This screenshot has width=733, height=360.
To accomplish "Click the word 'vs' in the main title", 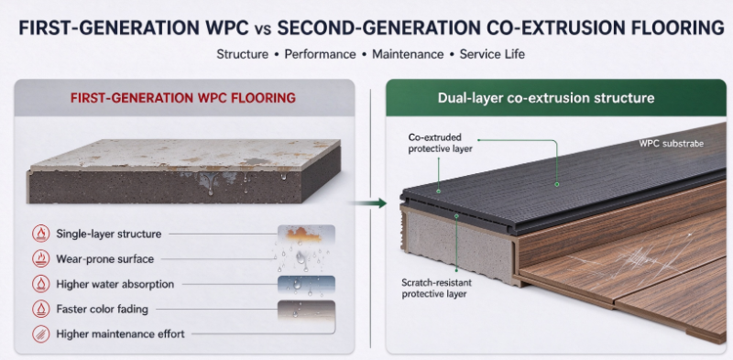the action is coord(262,28).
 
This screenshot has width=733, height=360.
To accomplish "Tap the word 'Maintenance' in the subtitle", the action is coord(408,54).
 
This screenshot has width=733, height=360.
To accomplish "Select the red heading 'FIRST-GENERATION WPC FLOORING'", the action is coord(182,98).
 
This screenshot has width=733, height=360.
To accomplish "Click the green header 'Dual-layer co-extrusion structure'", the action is coord(546,98).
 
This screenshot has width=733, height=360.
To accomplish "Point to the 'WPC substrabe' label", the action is coord(671,144).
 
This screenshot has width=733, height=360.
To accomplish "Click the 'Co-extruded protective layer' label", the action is coord(441,143).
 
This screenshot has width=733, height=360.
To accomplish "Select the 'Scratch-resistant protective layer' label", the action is coord(437,288).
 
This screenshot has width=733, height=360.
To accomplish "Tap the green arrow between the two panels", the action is coord(369,203).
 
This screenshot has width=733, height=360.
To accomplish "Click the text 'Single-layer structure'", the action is coord(108,234).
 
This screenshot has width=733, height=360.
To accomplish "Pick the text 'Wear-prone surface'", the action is coord(104,258).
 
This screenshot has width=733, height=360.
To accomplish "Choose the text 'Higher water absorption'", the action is coord(115,284).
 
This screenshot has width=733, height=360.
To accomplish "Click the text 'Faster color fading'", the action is coord(102,309).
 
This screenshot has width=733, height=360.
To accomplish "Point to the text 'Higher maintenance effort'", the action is coord(120,333).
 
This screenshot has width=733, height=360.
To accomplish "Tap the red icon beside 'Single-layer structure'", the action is coord(41,234).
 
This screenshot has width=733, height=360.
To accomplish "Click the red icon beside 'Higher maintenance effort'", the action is coord(41,333).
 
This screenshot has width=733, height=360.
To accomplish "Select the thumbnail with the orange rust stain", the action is coord(306,234).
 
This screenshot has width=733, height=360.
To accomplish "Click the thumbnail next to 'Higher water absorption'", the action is coord(306,284).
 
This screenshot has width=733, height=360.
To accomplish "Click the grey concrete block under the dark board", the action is coord(457,244).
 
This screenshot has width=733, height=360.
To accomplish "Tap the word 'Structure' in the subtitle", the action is coord(243,54).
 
